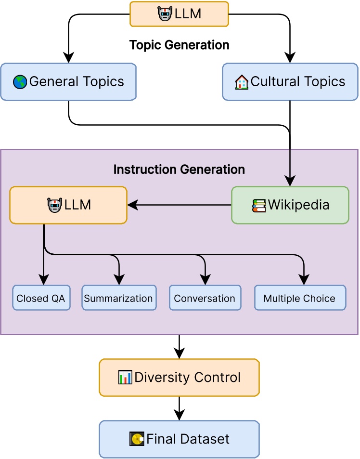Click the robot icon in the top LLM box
coord(165,14)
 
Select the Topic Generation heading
coord(179,45)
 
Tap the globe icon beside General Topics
coord(20,82)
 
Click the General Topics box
coord(68,82)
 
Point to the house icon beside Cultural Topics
coord(242,82)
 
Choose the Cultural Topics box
coord(290,82)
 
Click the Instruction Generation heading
coord(179,170)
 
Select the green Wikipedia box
coord(290,205)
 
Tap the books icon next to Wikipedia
coord(259,206)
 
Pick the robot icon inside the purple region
coord(54,206)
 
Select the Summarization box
coord(118,298)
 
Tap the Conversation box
coord(205,298)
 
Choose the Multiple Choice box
coord(299,298)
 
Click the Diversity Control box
coord(179,377)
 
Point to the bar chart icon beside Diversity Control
coord(125,378)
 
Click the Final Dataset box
coord(179,439)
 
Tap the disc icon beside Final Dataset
coord(137,439)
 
